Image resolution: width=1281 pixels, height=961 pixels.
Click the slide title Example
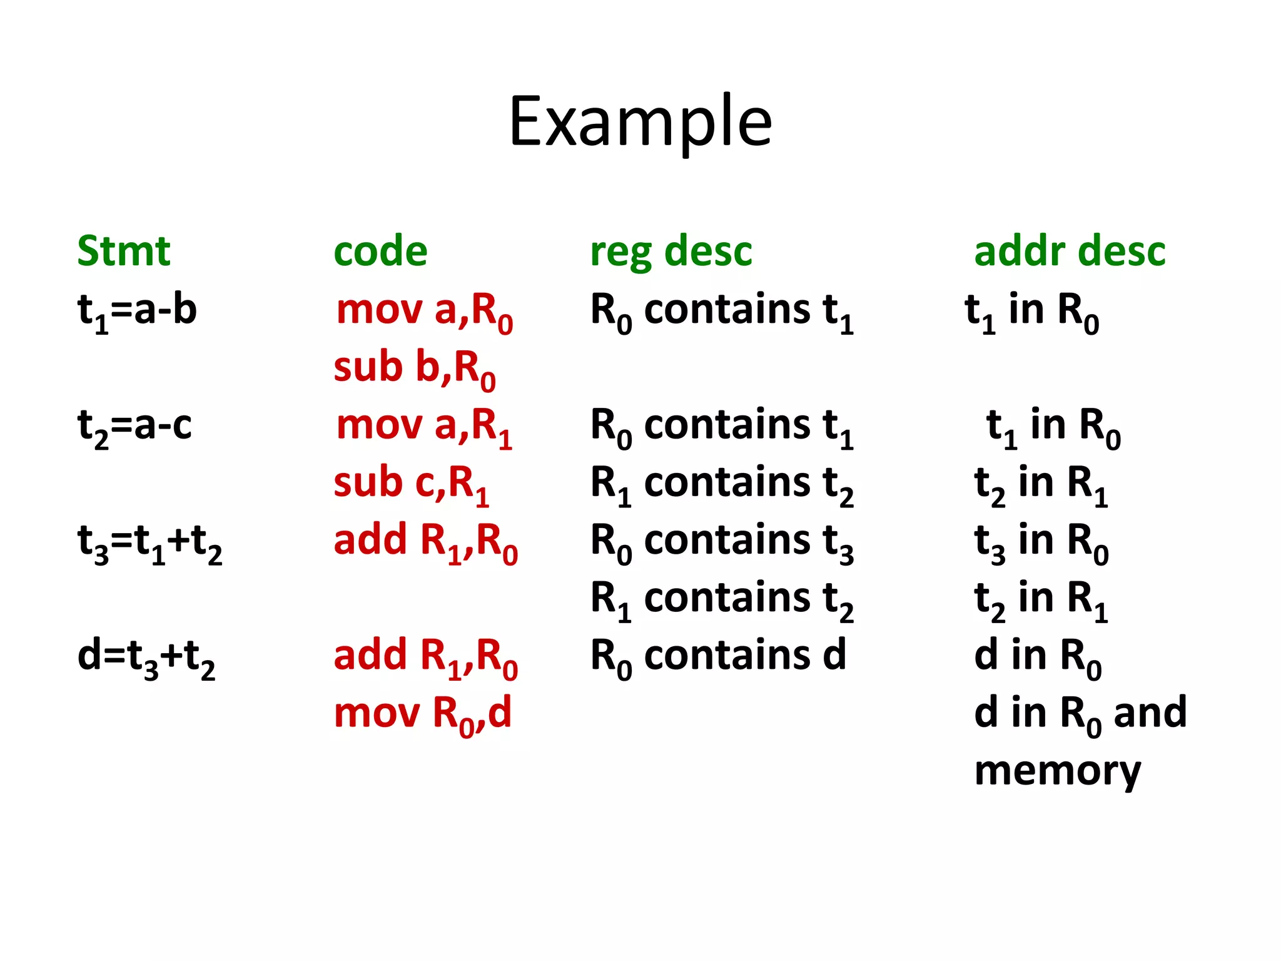click(640, 122)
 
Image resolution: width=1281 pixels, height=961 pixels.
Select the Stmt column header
click(124, 252)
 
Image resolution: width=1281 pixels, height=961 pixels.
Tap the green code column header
click(380, 252)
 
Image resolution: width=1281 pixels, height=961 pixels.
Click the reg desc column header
click(671, 252)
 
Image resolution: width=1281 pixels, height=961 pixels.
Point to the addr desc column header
click(1070, 252)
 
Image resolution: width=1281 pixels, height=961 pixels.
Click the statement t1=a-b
click(137, 310)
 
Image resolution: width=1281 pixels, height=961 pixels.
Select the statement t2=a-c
click(134, 426)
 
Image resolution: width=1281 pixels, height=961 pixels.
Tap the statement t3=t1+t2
click(149, 542)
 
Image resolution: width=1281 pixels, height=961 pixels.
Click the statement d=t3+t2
click(146, 657)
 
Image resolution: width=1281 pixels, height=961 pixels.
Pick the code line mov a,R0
click(425, 311)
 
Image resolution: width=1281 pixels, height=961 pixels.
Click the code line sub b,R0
click(415, 369)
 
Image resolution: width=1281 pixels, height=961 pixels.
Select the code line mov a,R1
click(425, 426)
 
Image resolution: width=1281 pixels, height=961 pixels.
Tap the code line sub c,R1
click(411, 484)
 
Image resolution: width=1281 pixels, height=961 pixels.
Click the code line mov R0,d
click(423, 714)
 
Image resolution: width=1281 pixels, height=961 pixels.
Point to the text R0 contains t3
click(722, 542)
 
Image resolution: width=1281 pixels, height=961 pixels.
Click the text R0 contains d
click(718, 657)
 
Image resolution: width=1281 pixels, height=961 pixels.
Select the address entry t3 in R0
click(1041, 542)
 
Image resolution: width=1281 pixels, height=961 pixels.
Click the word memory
click(1058, 771)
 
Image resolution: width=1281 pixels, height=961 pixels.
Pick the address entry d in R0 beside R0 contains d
click(1038, 657)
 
